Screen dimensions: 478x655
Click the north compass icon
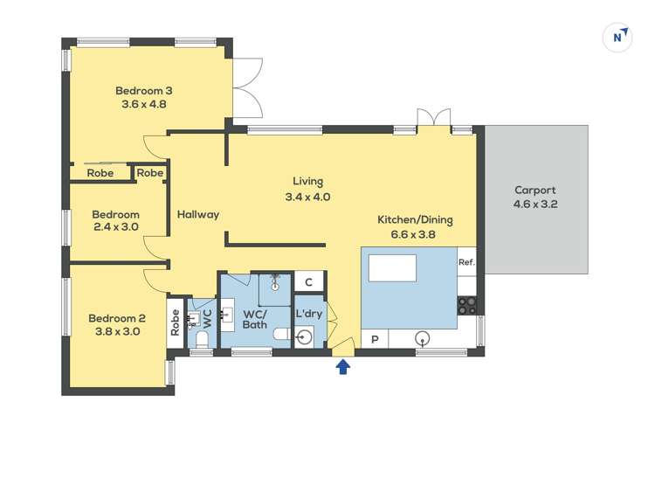[618, 37]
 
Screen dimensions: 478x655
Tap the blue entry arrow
[343, 367]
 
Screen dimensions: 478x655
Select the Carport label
[535, 190]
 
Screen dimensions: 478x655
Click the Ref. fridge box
[466, 262]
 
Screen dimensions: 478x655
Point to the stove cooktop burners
[467, 305]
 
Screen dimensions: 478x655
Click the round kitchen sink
[424, 339]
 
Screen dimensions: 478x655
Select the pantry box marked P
[376, 339]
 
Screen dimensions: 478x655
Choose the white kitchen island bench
[392, 268]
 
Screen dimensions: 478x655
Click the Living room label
[307, 182]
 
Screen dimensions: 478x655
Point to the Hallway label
[198, 214]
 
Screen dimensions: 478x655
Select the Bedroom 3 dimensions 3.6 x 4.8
[144, 104]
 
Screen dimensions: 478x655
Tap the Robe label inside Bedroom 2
[175, 325]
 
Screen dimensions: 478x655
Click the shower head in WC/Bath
[276, 281]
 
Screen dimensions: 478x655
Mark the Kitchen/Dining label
[415, 219]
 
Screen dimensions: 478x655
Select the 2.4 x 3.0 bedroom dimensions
[116, 227]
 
